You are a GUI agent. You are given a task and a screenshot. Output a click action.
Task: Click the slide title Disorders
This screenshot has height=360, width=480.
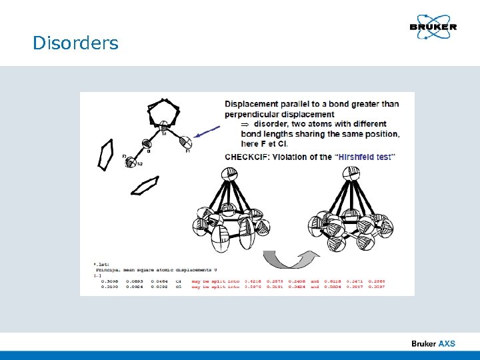coord(75,43)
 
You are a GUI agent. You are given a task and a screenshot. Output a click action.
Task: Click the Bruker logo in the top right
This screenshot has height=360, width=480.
coord(433,27)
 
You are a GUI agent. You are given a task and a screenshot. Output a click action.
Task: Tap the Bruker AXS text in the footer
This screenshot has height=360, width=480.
coord(433,343)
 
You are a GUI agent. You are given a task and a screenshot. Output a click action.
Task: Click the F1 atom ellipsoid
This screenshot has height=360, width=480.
coord(187,141)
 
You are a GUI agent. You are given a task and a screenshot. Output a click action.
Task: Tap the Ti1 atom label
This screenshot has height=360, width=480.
coord(164,133)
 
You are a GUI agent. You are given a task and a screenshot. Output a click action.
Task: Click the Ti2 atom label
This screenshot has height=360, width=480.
coord(139,164)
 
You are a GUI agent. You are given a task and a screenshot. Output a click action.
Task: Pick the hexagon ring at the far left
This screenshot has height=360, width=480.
coord(105,155)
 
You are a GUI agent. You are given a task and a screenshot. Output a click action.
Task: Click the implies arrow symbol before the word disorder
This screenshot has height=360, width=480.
coord(244,124)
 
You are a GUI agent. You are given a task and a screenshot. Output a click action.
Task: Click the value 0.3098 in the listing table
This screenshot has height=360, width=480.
coord(111,282)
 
